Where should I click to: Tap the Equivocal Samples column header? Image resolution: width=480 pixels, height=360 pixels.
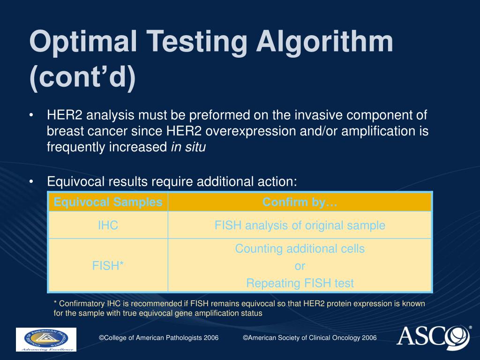coord(108,202)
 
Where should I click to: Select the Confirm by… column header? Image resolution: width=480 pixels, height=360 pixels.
coord(300,202)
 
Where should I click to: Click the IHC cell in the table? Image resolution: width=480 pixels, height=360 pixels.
coord(108,225)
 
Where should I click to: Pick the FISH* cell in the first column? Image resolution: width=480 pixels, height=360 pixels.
coord(108,266)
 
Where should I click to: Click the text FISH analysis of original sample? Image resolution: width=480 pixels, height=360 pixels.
coord(300,225)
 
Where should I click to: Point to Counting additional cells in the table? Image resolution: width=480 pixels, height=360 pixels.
coord(300,249)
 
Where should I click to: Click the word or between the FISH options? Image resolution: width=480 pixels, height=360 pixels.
coord(300,266)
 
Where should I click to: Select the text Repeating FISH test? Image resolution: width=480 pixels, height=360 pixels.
coord(300,283)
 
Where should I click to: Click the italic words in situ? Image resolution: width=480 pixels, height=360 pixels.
coord(188,147)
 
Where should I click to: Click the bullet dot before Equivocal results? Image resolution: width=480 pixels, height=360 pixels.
coord(31,181)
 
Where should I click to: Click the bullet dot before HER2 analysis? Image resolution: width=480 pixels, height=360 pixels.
coord(31,115)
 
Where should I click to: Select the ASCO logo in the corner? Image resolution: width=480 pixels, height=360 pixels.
coord(434,337)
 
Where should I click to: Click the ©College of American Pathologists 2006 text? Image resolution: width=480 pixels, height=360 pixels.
coord(158,338)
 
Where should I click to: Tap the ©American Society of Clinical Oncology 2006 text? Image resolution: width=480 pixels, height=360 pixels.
coord(309,338)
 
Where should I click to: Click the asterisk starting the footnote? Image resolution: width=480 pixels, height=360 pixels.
coord(55,304)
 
